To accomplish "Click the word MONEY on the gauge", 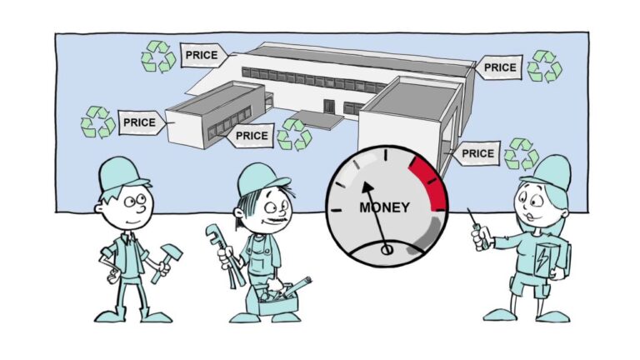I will [x=384, y=207].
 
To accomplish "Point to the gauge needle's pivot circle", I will [x=386, y=248].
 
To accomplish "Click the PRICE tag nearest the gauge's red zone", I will [x=477, y=154].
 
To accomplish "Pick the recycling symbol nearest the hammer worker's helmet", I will [x=97, y=122].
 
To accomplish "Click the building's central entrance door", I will [x=329, y=107].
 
